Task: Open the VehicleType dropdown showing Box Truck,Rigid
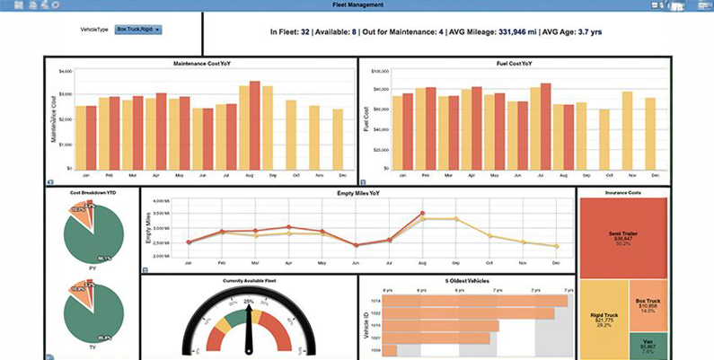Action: point(138,30)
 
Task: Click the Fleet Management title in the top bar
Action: point(357,4)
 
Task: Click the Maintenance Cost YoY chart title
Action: point(207,63)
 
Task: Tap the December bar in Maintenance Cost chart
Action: point(337,138)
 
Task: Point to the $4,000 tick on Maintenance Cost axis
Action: point(64,71)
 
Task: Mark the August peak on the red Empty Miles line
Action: point(422,213)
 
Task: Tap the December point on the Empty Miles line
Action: point(557,246)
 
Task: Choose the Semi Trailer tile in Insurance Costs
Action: point(621,235)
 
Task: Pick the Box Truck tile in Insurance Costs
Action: point(648,304)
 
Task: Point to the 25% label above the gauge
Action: point(248,301)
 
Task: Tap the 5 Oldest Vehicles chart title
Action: point(467,280)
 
